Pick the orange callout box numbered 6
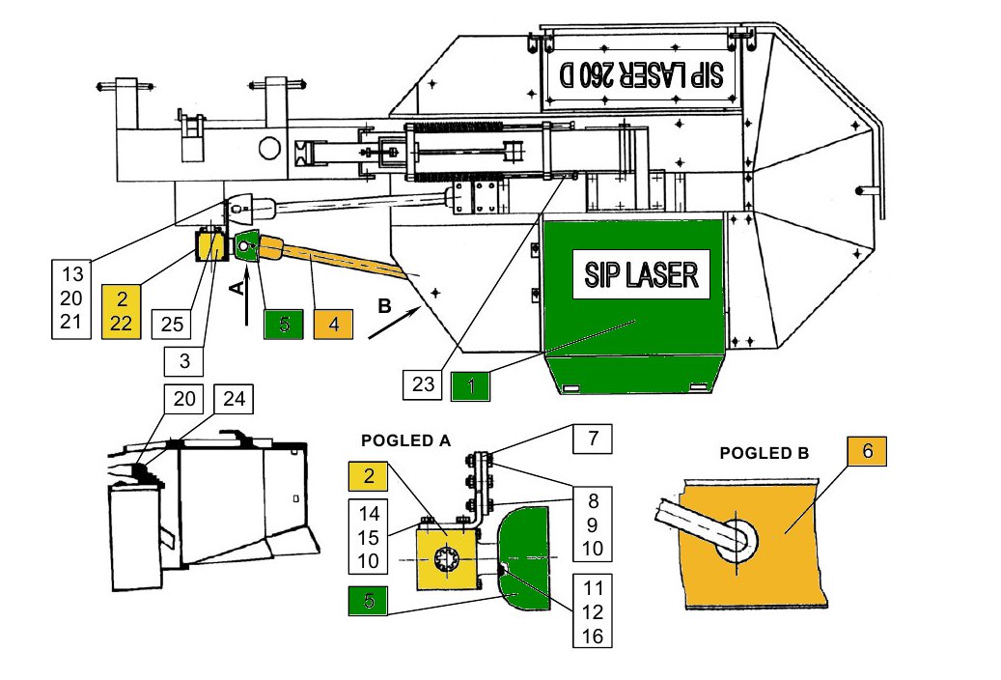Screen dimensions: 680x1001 point(867,451)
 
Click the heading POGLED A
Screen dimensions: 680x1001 point(405,439)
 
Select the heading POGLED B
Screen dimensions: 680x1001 point(764,452)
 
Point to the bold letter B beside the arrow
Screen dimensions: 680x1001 point(384,307)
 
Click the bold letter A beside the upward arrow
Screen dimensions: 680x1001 point(234,287)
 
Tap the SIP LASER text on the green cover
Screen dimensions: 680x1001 point(641,275)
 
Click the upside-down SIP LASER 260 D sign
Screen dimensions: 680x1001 point(642,74)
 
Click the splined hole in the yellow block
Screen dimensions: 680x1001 point(448,561)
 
